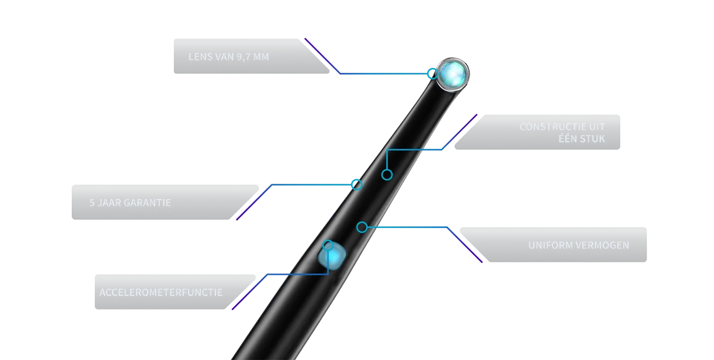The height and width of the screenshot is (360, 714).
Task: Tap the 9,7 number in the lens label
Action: (243, 57)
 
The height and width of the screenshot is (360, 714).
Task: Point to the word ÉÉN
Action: (568, 138)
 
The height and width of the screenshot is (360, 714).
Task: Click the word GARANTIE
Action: (147, 203)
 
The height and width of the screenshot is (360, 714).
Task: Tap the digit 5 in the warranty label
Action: (92, 203)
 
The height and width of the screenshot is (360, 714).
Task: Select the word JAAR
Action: (109, 203)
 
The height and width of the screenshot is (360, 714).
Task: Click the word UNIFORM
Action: (551, 245)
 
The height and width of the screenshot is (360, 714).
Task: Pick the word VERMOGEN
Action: (603, 245)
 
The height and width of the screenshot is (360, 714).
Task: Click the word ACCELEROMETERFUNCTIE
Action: (161, 293)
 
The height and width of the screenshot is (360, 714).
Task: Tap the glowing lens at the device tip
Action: (453, 74)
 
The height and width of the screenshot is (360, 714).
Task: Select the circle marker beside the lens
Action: (432, 74)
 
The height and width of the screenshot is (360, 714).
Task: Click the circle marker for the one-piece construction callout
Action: (387, 175)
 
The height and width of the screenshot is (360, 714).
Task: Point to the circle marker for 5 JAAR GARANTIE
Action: (356, 184)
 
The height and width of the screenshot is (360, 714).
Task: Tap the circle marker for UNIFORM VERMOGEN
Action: (362, 227)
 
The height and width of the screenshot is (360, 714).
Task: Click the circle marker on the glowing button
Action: (328, 246)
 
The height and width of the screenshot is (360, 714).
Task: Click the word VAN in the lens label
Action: (225, 57)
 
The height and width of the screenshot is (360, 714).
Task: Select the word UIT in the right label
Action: (597, 127)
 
